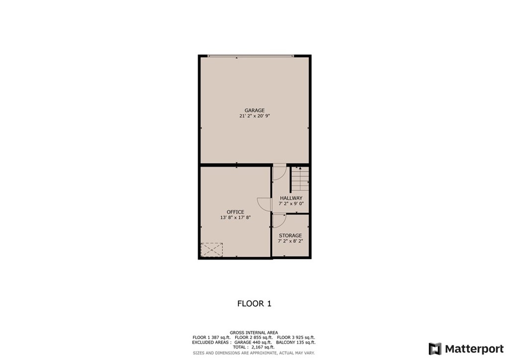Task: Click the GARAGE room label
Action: point(254,110)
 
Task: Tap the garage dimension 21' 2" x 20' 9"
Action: point(254,116)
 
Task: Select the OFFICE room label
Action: point(235,212)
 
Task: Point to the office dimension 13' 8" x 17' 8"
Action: point(235,217)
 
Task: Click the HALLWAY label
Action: point(291,198)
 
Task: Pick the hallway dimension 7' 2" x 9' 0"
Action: point(291,203)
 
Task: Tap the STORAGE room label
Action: point(290,235)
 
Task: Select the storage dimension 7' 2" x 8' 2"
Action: point(290,241)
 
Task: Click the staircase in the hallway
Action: point(300,179)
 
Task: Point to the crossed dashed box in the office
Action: point(212,250)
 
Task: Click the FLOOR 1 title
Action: point(254,303)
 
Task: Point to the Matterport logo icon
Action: point(435,349)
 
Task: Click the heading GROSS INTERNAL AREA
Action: point(254,333)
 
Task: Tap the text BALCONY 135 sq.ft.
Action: point(296,342)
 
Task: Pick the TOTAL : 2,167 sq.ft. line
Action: point(254,347)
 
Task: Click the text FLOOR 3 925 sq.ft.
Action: point(296,337)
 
